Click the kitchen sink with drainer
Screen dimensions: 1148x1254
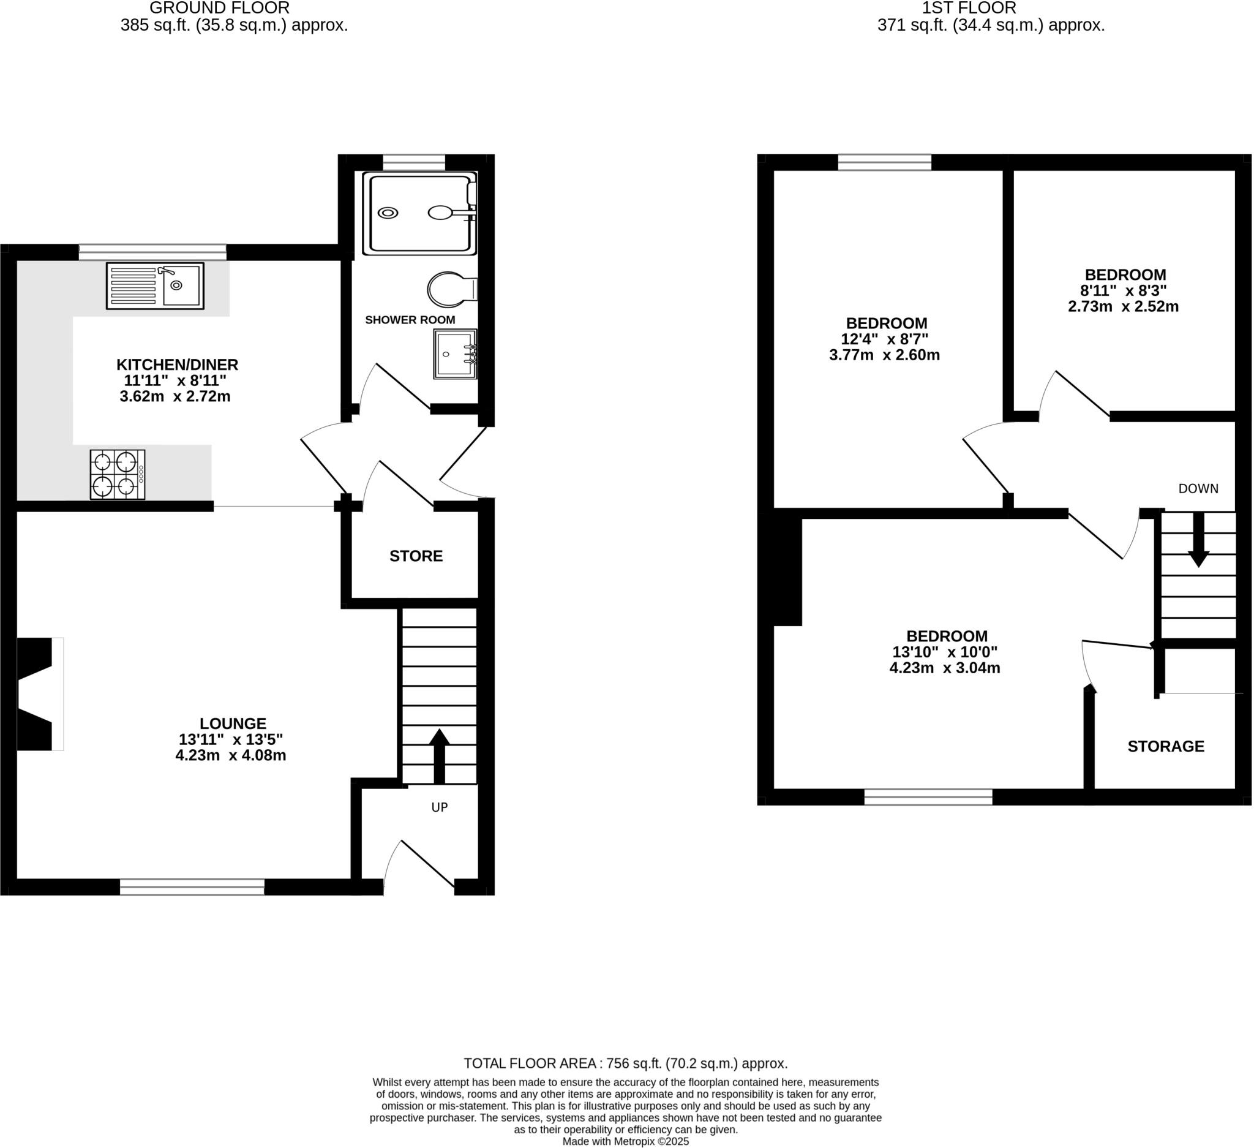(155, 285)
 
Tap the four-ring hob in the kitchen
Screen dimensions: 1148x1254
(118, 475)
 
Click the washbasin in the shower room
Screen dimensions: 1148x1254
(456, 354)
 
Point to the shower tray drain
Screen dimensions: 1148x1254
(388, 213)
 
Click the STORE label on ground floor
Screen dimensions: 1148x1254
(416, 556)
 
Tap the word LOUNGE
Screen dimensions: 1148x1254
(233, 723)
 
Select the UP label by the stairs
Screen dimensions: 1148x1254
(439, 807)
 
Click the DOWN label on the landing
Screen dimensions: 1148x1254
(1198, 489)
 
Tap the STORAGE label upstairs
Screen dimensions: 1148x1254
(1166, 747)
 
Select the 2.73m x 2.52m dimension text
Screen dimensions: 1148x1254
(1123, 307)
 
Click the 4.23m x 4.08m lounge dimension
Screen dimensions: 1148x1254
(230, 756)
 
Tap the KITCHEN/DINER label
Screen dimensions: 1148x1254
(178, 364)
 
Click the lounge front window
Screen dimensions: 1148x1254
(192, 887)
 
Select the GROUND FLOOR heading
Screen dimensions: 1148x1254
(219, 8)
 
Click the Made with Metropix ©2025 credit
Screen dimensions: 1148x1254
(625, 1141)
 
